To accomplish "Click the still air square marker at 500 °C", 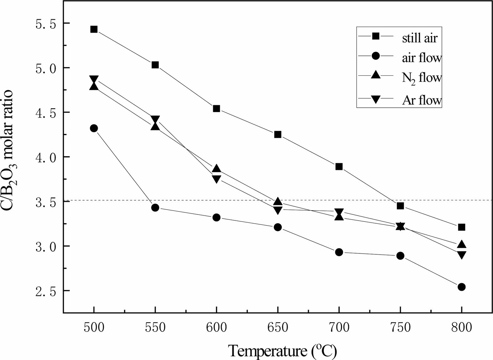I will (94, 29).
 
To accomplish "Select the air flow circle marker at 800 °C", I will (461, 287).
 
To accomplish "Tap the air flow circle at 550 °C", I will (155, 207).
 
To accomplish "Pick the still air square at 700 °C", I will (339, 166).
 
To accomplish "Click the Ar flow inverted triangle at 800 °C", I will (461, 255).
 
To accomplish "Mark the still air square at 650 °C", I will (278, 134).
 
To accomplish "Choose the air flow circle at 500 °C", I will (94, 128).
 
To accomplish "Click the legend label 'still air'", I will (420, 38).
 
